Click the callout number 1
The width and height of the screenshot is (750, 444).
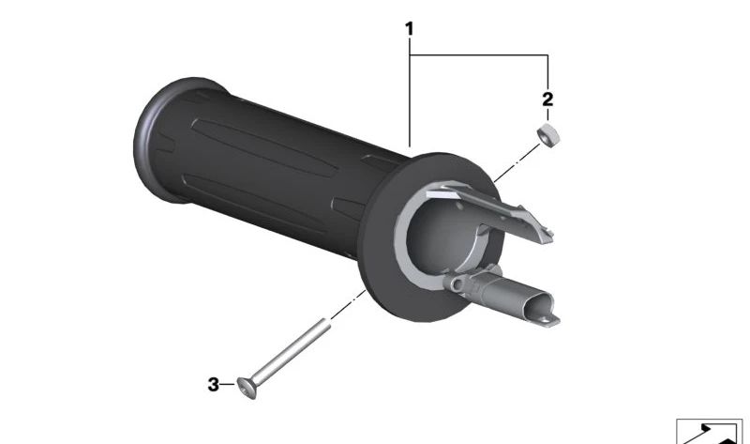(x=409, y=29)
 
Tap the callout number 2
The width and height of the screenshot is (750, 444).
(x=547, y=100)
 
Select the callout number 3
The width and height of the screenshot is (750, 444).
(x=214, y=384)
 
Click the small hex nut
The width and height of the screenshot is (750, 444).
(x=548, y=135)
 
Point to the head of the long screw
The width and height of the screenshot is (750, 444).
(x=247, y=387)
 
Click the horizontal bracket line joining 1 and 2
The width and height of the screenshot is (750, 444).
(x=479, y=55)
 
